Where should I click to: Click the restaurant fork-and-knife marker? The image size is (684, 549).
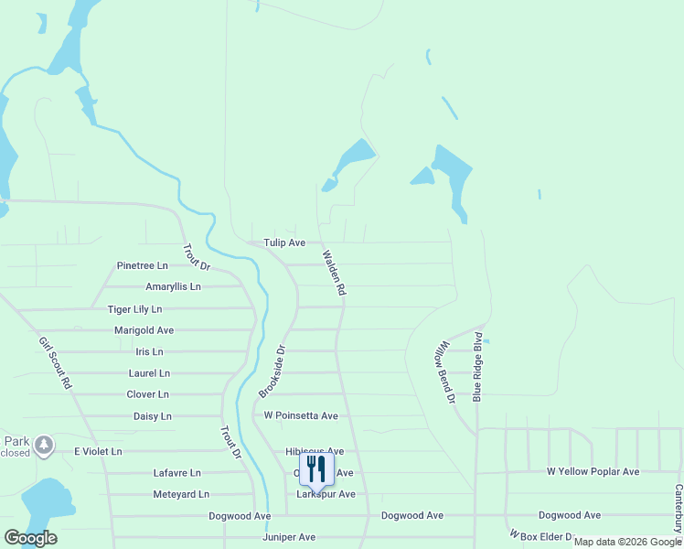click(316, 470)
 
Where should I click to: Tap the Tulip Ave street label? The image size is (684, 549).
click(284, 242)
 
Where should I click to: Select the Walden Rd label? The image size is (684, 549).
click(333, 272)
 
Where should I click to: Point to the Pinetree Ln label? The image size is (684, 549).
click(143, 265)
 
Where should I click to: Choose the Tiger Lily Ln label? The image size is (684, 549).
click(134, 309)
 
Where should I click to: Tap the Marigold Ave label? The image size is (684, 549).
click(144, 329)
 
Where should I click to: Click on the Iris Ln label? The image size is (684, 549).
click(149, 351)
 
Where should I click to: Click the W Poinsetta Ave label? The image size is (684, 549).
click(301, 415)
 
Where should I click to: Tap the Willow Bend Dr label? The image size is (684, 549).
click(444, 372)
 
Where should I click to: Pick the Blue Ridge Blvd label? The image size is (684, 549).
click(476, 367)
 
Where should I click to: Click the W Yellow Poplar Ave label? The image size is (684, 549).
click(593, 471)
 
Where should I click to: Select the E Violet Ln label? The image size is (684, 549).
click(98, 451)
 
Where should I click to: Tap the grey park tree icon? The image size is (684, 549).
click(43, 445)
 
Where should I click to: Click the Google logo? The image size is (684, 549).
click(30, 538)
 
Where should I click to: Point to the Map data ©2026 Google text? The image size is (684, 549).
click(626, 542)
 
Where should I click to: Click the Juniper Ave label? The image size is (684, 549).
click(288, 537)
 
